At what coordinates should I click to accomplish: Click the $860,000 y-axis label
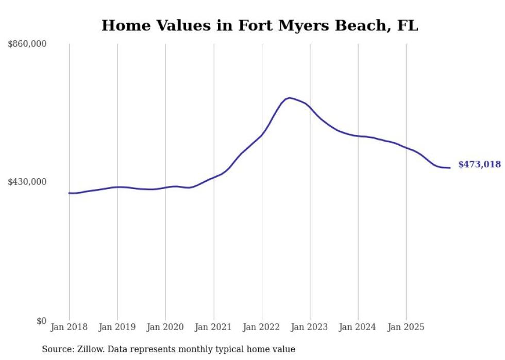27,44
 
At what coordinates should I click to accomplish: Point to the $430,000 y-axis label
27,182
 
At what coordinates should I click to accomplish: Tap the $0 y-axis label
41,321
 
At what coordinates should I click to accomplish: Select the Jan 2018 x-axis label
69,328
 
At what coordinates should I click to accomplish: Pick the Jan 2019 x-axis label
117,328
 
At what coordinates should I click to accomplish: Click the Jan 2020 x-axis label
165,328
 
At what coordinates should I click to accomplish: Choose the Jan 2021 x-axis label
214,328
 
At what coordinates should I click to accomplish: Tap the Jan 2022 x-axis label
262,328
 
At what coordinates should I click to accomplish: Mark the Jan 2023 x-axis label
310,328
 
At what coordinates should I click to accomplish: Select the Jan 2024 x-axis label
358,328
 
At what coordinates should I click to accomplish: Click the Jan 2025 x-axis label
407,328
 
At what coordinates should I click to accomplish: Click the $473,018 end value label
479,165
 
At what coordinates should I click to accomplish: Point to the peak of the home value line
290,97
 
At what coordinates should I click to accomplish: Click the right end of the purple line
450,167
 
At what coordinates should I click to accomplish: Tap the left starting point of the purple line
69,193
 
